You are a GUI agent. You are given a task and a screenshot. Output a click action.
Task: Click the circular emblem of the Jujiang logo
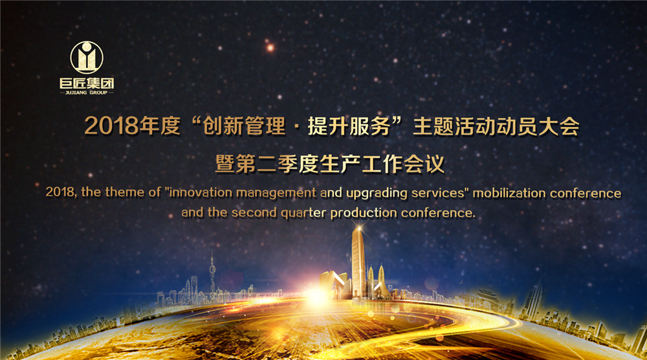pyautogui.click(x=87, y=58)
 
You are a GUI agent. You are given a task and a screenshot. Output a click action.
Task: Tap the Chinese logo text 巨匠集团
pyautogui.click(x=87, y=84)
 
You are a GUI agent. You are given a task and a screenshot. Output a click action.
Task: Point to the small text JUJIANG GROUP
pyautogui.click(x=86, y=93)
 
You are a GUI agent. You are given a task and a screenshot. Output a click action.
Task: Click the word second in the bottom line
pyautogui.click(x=254, y=212)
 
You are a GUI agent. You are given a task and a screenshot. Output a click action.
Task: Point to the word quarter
pyautogui.click(x=303, y=214)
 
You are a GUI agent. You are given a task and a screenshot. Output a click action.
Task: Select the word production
pyautogui.click(x=364, y=214)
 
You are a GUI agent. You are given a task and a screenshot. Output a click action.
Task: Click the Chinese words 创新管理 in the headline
pyautogui.click(x=245, y=126)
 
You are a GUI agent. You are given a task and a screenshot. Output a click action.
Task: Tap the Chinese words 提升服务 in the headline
pyautogui.click(x=349, y=126)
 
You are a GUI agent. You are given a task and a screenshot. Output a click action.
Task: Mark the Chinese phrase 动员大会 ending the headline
pyautogui.click(x=538, y=126)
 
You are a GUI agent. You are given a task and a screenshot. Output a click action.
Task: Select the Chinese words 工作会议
pyautogui.click(x=403, y=164)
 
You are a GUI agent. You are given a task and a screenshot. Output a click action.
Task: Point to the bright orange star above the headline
pyautogui.click(x=270, y=48)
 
